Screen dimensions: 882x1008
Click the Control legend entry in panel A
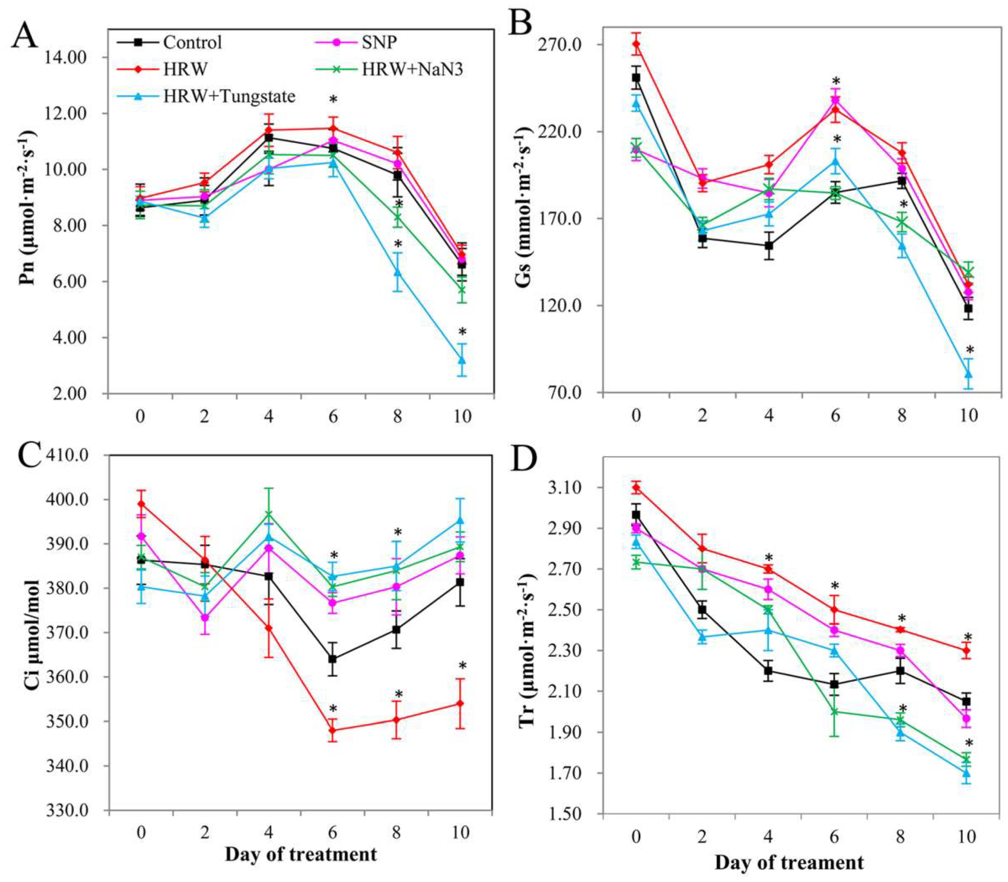click(x=192, y=42)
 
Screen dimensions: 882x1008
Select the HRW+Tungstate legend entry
click(x=229, y=96)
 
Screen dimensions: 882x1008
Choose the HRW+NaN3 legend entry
click(x=412, y=69)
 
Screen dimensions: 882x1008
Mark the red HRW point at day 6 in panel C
click(x=333, y=731)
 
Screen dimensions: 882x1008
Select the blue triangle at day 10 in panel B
click(x=968, y=374)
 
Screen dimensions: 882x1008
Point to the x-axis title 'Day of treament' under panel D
click(x=789, y=862)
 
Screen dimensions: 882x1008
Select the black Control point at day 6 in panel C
click(x=333, y=659)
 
